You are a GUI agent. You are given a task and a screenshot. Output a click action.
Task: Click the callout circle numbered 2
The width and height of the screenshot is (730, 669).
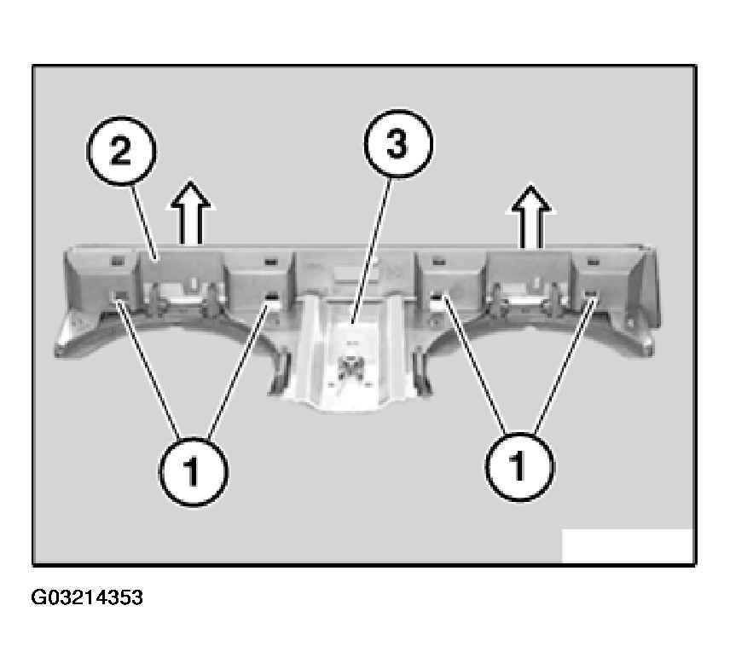pos(121,151)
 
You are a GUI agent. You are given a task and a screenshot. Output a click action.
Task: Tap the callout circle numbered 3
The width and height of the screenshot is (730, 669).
pos(397,144)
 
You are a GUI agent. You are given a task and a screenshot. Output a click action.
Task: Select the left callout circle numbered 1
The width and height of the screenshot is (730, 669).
pos(194,470)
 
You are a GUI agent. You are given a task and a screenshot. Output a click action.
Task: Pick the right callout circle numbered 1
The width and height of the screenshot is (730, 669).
pos(519,466)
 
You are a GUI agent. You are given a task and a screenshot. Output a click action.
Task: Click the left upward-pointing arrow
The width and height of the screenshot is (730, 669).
pos(190,212)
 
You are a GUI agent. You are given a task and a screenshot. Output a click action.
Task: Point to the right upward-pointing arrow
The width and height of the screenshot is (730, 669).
pos(531,216)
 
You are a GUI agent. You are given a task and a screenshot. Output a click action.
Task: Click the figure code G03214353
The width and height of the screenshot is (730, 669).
pos(87,597)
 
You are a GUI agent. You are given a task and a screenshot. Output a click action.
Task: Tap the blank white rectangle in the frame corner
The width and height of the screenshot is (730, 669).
pos(628,545)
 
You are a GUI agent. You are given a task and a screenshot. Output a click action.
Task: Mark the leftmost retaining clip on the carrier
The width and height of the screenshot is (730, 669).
pos(121,295)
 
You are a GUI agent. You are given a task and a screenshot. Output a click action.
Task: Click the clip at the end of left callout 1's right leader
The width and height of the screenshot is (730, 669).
pos(271,297)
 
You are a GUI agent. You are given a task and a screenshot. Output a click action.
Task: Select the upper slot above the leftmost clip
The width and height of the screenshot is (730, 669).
pos(116,261)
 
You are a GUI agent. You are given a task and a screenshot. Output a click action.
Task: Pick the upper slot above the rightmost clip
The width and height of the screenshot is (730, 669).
pos(593,262)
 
